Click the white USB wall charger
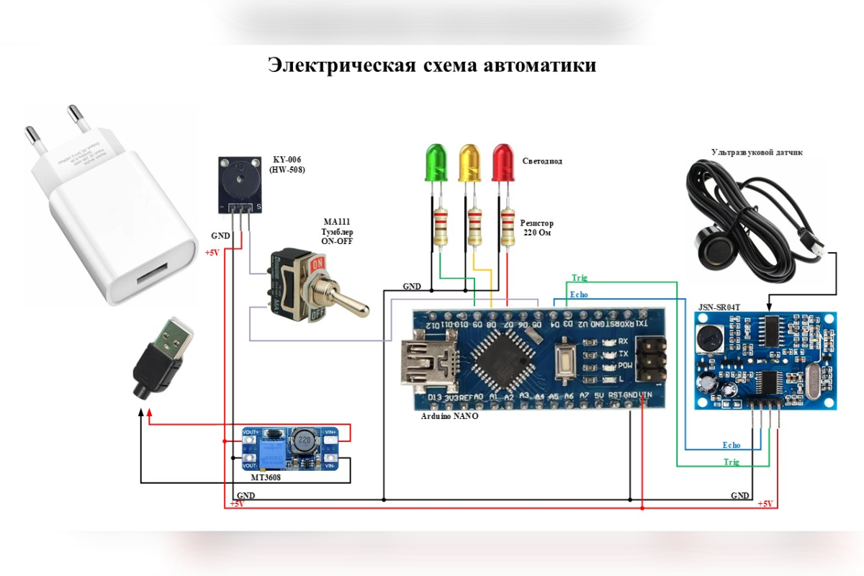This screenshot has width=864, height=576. click(x=108, y=216)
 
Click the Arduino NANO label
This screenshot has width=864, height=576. click(x=449, y=416)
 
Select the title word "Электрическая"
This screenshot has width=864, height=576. click(x=343, y=65)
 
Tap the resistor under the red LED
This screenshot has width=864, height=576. click(x=508, y=226)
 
